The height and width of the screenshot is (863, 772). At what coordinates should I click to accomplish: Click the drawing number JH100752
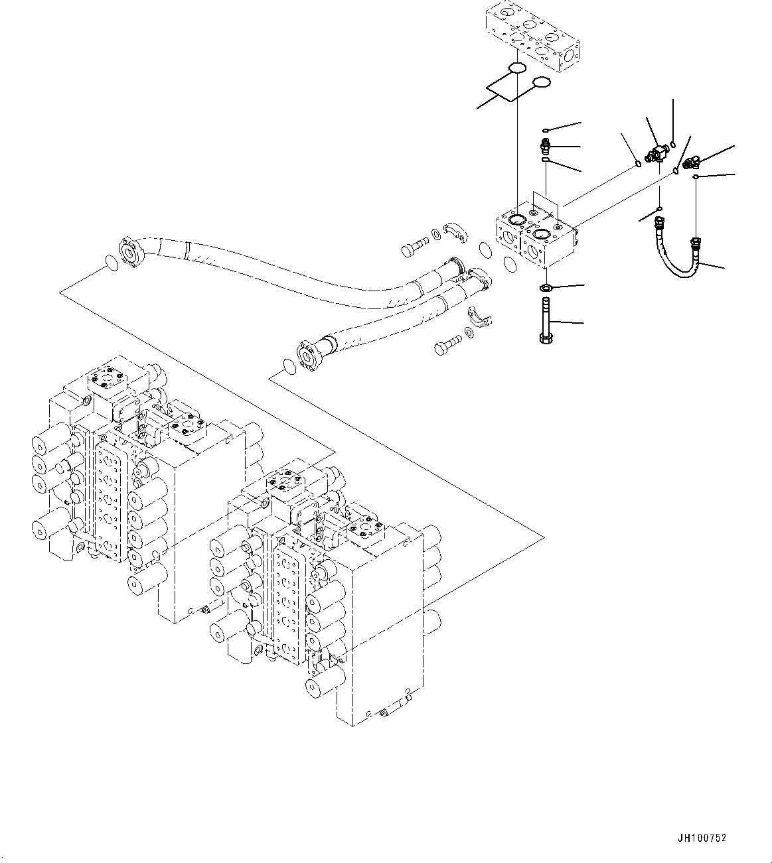[702, 838]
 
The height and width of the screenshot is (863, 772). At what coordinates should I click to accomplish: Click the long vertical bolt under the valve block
[546, 322]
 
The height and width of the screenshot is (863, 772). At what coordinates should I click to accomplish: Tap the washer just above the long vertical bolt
[546, 288]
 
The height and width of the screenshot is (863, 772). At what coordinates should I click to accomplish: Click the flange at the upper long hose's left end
[129, 253]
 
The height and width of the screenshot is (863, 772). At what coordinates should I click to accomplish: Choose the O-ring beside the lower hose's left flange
[290, 366]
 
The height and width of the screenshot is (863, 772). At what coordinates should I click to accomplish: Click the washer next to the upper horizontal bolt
[435, 233]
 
